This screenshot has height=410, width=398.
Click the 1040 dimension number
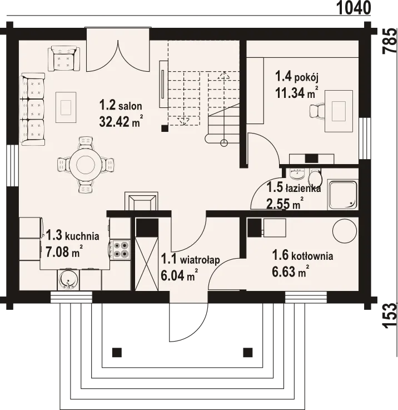pyautogui.click(x=354, y=8)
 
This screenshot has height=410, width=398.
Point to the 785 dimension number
pyautogui.click(x=390, y=41)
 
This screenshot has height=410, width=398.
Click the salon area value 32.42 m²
pyautogui.click(x=121, y=121)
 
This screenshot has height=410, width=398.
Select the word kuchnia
pyautogui.click(x=82, y=236)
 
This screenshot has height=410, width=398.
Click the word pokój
pyautogui.click(x=306, y=78)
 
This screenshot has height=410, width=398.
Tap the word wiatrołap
pyautogui.click(x=200, y=260)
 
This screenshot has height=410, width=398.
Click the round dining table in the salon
pyautogui.click(x=86, y=165)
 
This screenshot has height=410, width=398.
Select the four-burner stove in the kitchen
pyautogui.click(x=121, y=250)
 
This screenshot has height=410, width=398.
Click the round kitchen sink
pyautogui.click(x=68, y=280)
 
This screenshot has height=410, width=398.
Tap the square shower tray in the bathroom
pyautogui.click(x=342, y=195)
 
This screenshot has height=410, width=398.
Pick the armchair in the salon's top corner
pyautogui.click(x=64, y=58)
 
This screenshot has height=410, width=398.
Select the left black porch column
pyautogui.click(x=117, y=352)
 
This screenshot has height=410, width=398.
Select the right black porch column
pyautogui.click(x=248, y=352)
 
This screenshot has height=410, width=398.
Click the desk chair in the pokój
pyautogui.click(x=316, y=111)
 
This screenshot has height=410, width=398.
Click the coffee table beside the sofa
pyautogui.click(x=66, y=107)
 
